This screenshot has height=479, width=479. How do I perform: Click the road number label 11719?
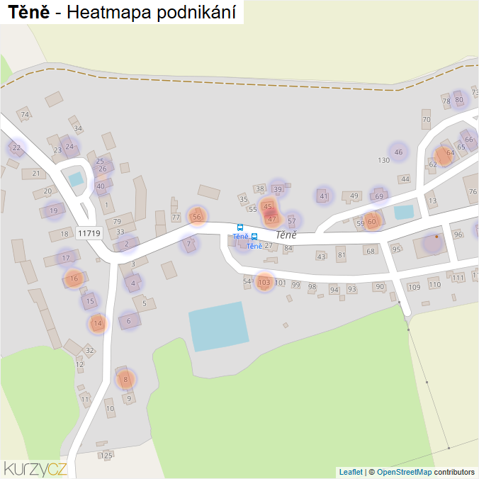click(x=89, y=233)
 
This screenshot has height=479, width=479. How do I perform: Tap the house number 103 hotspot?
click(x=264, y=283)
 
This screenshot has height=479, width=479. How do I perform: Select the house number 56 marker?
click(x=197, y=217)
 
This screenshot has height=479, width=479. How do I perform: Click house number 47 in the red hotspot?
click(x=271, y=219)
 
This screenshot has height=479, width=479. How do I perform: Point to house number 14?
click(x=98, y=324)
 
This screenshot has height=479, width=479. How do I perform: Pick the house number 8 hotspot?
click(x=125, y=380)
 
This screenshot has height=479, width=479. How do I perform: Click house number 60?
click(x=372, y=222)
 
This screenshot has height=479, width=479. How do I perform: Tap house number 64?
click(x=450, y=153)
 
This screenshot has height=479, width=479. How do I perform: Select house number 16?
click(x=74, y=279)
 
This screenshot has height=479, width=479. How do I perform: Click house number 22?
click(x=16, y=147)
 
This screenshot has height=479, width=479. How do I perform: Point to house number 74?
click(x=25, y=115)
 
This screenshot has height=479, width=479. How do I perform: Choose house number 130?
click(x=384, y=160)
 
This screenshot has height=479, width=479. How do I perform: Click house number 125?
click(x=107, y=455)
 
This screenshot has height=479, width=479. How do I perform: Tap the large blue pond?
click(x=218, y=326)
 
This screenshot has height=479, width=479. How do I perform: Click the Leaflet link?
click(x=350, y=472)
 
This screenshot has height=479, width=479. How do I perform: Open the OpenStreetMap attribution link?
click(x=404, y=472)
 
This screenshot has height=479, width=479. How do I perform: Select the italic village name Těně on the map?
click(x=286, y=235)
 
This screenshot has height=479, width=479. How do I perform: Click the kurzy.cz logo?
click(x=35, y=468)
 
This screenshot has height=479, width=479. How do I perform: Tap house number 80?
click(x=459, y=100)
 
